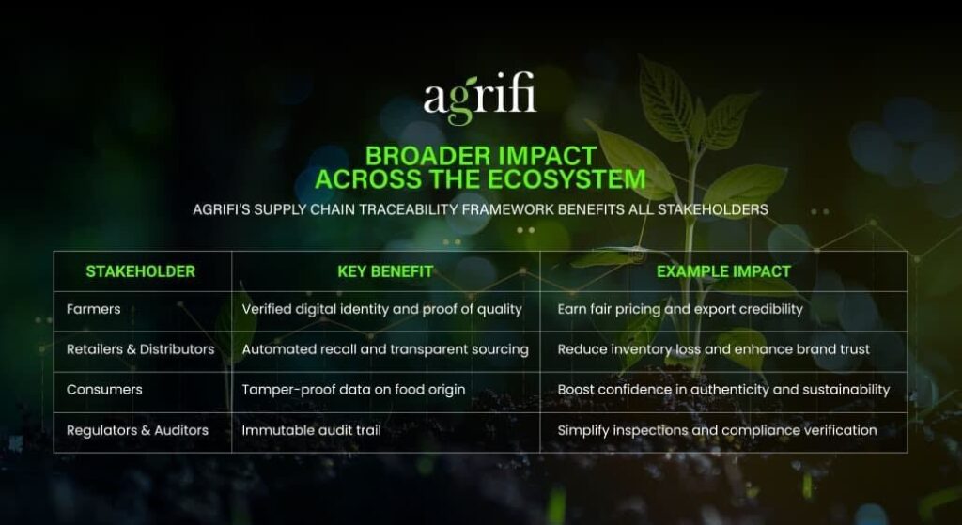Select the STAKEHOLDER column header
click(x=141, y=271)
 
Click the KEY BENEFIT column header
click(x=385, y=271)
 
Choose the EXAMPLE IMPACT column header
click(x=723, y=271)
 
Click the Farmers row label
click(x=94, y=309)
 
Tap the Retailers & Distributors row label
click(x=141, y=349)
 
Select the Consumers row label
click(x=104, y=390)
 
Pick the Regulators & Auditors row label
click(x=137, y=430)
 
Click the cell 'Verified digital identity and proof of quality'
click(x=382, y=309)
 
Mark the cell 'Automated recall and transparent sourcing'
click(x=385, y=349)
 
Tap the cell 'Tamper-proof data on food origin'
click(x=353, y=390)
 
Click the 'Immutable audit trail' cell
click(x=312, y=430)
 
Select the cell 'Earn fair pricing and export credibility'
click(x=680, y=309)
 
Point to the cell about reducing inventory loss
click(x=714, y=349)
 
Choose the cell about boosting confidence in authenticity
click(x=723, y=390)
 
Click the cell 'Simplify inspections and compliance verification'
click(x=717, y=430)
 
